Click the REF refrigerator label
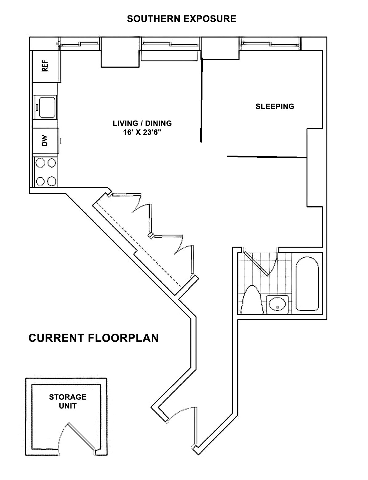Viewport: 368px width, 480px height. click(x=45, y=65)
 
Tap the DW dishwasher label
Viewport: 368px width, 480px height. click(x=45, y=141)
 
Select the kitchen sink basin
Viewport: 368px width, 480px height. click(x=48, y=107)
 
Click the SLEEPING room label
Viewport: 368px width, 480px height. click(x=275, y=106)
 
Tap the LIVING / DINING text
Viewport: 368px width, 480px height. click(x=142, y=123)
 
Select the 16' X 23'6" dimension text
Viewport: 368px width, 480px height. click(x=142, y=133)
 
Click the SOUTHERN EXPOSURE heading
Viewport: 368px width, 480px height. click(x=182, y=19)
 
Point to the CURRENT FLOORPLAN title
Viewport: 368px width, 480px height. click(x=94, y=338)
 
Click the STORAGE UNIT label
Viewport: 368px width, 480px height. click(x=68, y=401)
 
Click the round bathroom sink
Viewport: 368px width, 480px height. click(x=277, y=305)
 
